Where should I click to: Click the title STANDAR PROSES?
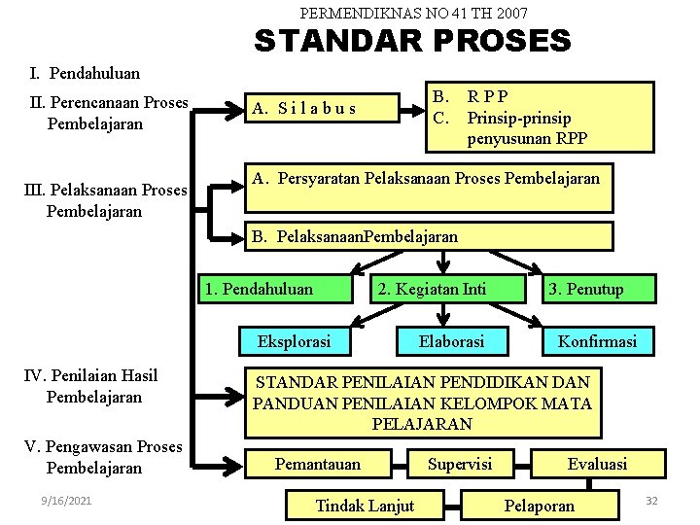[412, 41]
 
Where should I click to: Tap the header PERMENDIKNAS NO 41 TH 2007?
[413, 14]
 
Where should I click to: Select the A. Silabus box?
[321, 107]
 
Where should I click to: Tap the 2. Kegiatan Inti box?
[444, 289]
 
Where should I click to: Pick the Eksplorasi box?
[294, 341]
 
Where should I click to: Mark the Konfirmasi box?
[597, 341]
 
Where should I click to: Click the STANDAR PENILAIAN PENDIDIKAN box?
[422, 402]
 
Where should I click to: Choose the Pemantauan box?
[318, 464]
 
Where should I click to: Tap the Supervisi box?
[460, 464]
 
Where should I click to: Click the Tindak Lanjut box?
[365, 505]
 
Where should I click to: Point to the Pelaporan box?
[540, 505]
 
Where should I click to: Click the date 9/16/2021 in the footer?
[67, 501]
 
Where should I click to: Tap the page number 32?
[651, 500]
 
